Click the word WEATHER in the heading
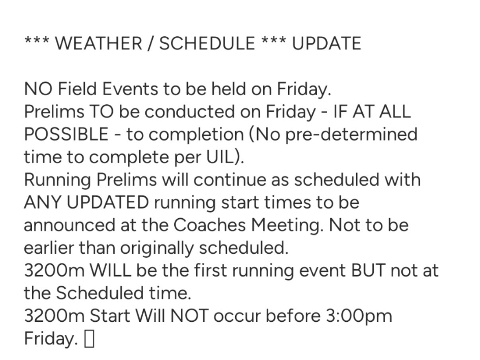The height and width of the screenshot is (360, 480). point(98,43)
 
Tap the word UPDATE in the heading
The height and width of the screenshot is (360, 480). point(326,43)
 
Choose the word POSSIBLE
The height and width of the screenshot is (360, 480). point(66,134)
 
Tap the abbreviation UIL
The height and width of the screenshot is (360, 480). point(220,157)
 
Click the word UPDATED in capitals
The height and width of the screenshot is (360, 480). point(107,202)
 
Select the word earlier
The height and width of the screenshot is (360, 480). point(49,248)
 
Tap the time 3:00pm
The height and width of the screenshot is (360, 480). point(359,316)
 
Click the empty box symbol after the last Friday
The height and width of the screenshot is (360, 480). point(89,339)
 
